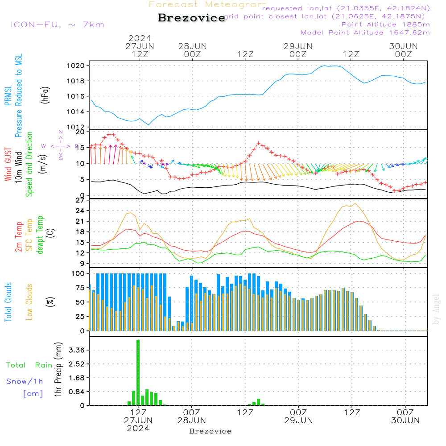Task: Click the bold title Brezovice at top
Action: coord(192,18)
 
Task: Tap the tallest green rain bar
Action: coord(138,372)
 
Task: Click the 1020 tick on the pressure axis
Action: coord(78,66)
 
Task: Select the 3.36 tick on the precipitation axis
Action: coord(78,350)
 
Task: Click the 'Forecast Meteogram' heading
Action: coord(208,4)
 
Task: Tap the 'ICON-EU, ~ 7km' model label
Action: coord(57,25)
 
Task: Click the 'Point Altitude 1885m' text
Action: coord(385,24)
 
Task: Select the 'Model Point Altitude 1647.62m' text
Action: coord(365,33)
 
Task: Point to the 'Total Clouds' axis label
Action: coord(8,302)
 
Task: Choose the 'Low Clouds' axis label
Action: coord(29,302)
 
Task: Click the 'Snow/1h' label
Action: coord(25,381)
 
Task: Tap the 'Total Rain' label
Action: coord(29,365)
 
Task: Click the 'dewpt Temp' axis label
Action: coord(40,235)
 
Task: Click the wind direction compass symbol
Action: coord(61,146)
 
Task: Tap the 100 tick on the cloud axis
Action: coord(78,273)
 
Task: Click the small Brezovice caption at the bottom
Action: coord(211,431)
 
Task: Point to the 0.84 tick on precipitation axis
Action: coord(78,392)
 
